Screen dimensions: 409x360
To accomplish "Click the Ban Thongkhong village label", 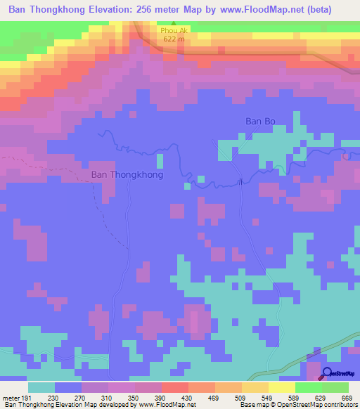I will click(x=127, y=174).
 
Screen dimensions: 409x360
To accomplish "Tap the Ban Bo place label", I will click(x=259, y=121).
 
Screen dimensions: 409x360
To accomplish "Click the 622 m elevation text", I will click(x=174, y=39).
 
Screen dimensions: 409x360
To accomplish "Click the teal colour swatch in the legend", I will click(x=41, y=387).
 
